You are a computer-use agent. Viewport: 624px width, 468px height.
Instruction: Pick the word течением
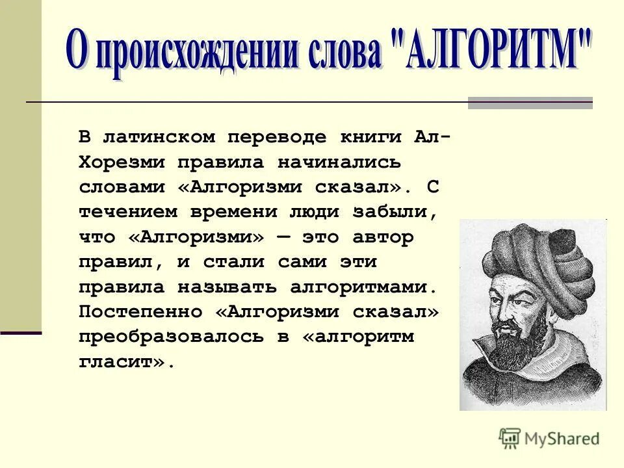pos(129,212)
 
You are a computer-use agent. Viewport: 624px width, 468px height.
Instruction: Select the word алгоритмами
pos(361,287)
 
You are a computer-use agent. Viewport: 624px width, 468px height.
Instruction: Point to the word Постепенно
pos(140,311)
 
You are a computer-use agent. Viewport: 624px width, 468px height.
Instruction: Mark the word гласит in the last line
pos(121,362)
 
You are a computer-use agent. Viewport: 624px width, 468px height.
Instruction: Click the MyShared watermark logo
pos(549,439)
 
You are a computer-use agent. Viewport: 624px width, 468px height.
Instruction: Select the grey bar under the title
pos(530,103)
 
